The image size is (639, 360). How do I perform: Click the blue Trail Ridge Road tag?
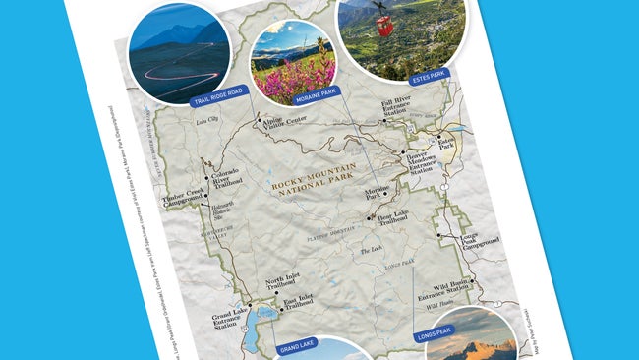coord(216,99)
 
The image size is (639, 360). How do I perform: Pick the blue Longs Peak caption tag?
coord(434,331)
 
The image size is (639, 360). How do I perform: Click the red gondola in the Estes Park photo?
coord(385,27)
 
